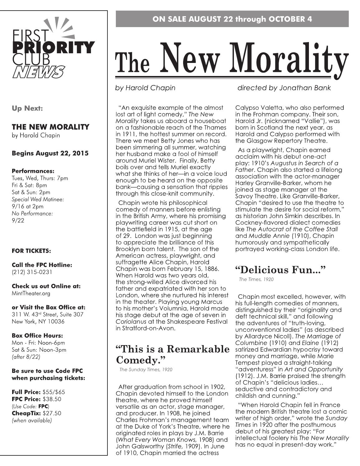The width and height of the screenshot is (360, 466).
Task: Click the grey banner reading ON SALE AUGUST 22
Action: click(x=232, y=19)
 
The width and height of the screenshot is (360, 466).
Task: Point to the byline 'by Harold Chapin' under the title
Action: click(x=145, y=88)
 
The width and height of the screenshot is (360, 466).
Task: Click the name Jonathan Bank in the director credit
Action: click(x=305, y=88)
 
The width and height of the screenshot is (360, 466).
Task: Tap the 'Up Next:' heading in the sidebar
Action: click(x=27, y=108)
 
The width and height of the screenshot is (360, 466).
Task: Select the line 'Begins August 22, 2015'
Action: click(x=50, y=153)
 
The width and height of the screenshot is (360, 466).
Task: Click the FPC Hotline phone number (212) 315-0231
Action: click(x=32, y=272)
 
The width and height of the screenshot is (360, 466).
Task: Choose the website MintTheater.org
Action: click(x=31, y=293)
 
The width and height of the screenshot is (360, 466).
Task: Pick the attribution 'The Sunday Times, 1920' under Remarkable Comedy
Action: click(x=146, y=369)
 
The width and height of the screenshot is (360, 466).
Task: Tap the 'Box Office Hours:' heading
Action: click(x=37, y=335)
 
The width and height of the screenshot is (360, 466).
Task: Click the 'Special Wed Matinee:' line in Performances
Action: click(x=38, y=199)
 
